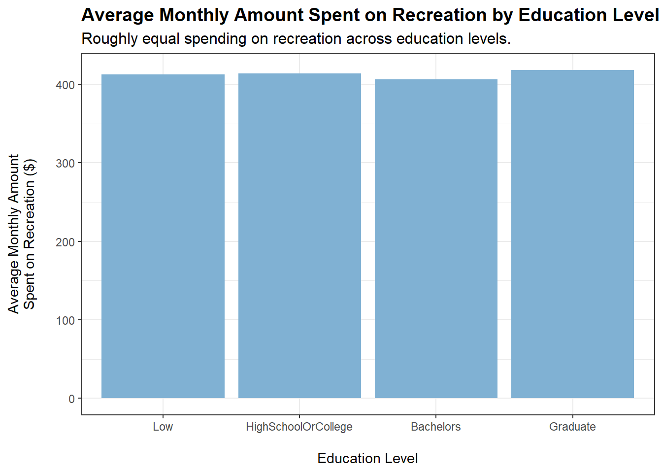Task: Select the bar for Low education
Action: pos(163,236)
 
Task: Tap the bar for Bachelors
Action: pos(436,238)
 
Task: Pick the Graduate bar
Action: pos(572,234)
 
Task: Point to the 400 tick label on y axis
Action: pos(65,85)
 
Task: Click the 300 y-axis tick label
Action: pos(65,164)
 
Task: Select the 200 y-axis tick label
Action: pos(65,242)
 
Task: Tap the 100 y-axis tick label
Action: pos(65,321)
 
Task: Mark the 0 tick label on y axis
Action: pos(72,399)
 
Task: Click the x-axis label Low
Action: pos(163,427)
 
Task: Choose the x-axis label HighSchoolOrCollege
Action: pos(299,427)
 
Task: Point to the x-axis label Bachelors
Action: pos(436,427)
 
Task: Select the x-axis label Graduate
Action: pos(572,427)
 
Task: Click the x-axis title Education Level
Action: pos(367,459)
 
